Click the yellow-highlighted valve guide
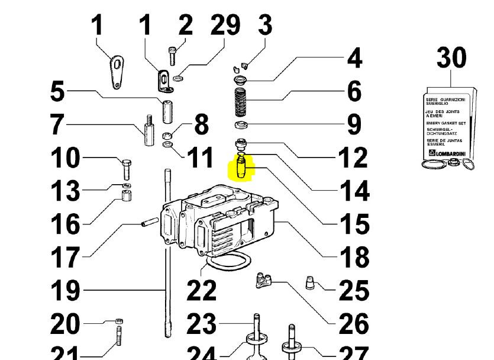pos(241,167)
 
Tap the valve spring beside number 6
pos(241,102)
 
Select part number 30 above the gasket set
pos(451,58)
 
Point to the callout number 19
pos(65,290)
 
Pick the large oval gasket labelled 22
pos(228,261)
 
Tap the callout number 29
pos(225,25)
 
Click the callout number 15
pos(354,224)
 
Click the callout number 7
pos(57,124)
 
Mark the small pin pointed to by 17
pos(147,223)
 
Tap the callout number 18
pos(354,257)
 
